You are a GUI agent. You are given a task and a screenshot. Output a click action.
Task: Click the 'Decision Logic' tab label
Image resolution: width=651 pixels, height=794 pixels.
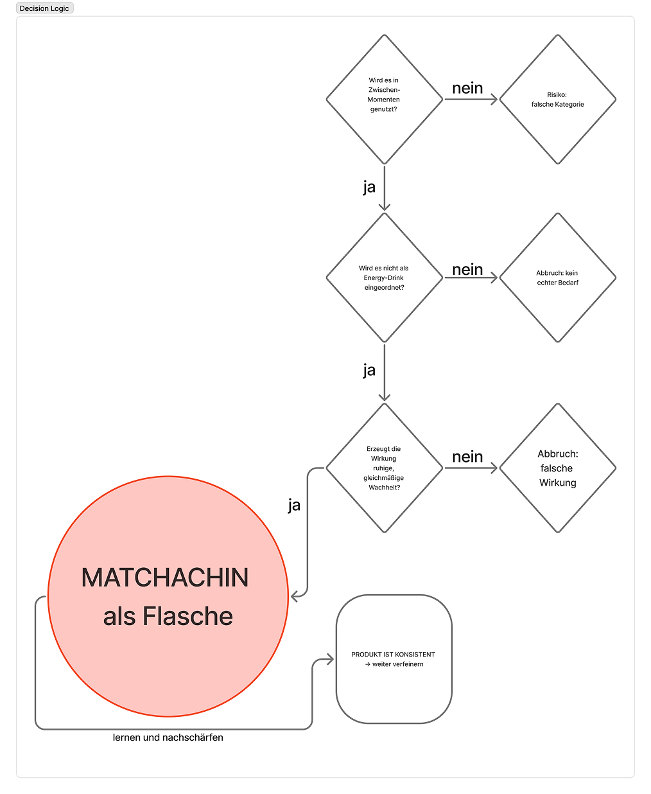[44, 8]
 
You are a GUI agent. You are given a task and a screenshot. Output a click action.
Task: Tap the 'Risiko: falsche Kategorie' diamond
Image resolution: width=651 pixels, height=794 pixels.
[557, 99]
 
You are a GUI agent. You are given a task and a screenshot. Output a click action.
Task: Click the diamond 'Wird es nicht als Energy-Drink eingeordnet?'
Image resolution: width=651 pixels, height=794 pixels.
[384, 278]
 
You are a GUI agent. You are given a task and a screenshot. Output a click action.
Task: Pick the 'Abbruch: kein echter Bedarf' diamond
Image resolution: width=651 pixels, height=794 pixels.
[557, 278]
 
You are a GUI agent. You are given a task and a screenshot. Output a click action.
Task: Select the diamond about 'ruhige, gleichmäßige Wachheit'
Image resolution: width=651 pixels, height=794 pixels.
[384, 468]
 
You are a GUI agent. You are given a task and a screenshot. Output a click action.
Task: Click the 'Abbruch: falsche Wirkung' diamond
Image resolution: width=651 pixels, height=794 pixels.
[557, 468]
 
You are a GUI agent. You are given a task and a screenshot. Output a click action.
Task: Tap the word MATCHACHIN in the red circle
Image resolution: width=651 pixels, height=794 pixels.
[165, 578]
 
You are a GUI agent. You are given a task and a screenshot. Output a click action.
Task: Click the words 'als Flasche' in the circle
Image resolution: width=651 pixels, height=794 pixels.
[168, 616]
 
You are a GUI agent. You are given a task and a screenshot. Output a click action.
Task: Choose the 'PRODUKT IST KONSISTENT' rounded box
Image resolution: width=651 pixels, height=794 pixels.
[394, 659]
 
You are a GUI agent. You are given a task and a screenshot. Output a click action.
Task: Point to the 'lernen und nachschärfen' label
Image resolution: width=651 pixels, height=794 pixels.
[168, 737]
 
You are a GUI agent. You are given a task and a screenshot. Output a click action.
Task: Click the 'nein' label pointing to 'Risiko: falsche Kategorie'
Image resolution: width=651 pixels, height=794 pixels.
[467, 88]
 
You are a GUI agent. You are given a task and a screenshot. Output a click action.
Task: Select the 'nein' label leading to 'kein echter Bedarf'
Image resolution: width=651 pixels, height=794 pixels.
[467, 269]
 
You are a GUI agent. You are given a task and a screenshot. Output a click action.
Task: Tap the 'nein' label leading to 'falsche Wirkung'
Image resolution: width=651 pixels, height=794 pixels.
[467, 457]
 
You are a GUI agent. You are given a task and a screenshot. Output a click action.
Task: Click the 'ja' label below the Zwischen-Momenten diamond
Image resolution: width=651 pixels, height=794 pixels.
[369, 187]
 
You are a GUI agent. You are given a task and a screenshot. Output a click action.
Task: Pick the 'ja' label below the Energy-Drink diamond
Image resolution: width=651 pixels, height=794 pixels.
[369, 370]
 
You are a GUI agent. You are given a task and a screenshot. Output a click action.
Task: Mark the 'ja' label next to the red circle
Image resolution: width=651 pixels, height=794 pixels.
[294, 505]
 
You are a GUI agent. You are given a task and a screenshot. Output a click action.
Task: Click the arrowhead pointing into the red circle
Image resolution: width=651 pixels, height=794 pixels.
[295, 597]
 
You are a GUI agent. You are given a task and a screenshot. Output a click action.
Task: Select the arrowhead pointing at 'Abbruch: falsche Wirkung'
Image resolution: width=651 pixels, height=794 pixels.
[494, 468]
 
